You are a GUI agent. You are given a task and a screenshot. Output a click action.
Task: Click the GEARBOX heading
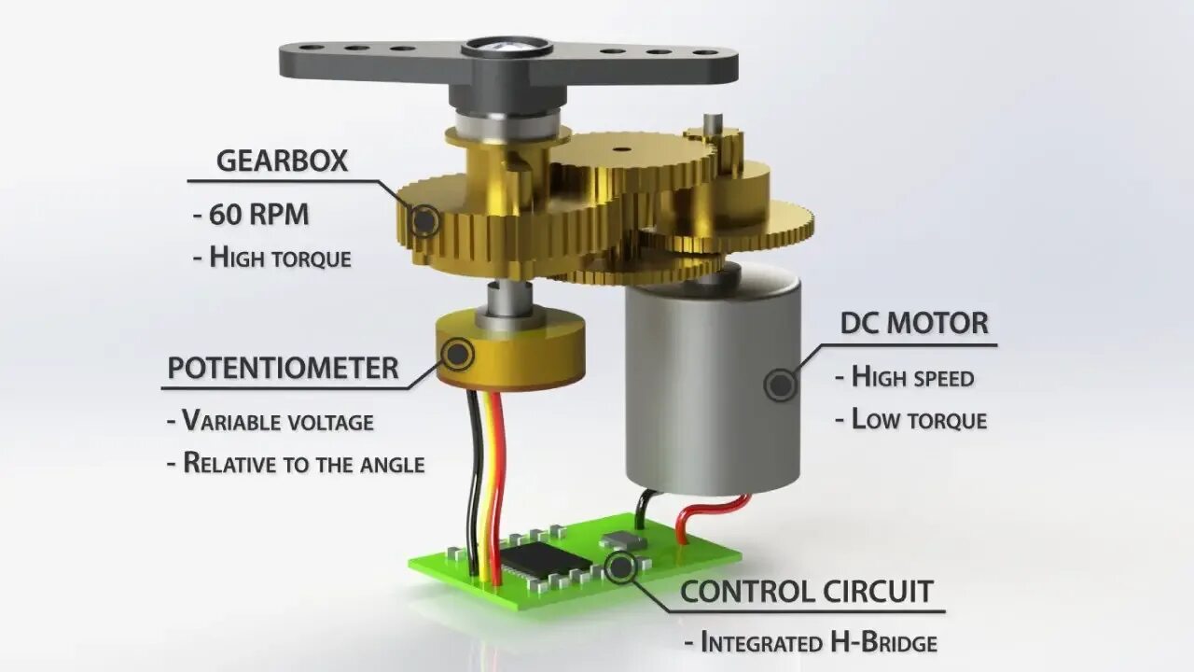click(x=282, y=161)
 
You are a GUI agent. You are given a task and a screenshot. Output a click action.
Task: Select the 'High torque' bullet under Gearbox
click(x=272, y=257)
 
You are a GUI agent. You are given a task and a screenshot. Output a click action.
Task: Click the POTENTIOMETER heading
click(x=283, y=369)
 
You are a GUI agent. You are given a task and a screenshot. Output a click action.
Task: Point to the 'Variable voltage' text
click(x=271, y=421)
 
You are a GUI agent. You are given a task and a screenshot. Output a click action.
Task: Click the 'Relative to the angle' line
click(x=296, y=463)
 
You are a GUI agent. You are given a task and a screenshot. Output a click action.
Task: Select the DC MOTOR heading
click(x=913, y=324)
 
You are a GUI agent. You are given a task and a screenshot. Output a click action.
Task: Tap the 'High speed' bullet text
click(x=904, y=378)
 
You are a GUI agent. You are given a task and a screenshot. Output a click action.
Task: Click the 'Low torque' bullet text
click(x=910, y=420)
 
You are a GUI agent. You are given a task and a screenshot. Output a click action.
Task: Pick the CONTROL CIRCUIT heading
click(x=806, y=591)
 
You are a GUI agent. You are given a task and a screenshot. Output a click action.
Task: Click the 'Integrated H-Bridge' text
click(x=811, y=642)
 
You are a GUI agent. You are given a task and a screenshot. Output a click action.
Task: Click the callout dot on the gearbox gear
click(x=425, y=221)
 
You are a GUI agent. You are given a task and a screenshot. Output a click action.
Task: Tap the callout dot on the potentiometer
click(x=458, y=354)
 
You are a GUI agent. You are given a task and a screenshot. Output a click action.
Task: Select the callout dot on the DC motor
click(x=780, y=385)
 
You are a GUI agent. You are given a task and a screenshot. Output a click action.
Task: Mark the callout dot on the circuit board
click(x=619, y=566)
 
